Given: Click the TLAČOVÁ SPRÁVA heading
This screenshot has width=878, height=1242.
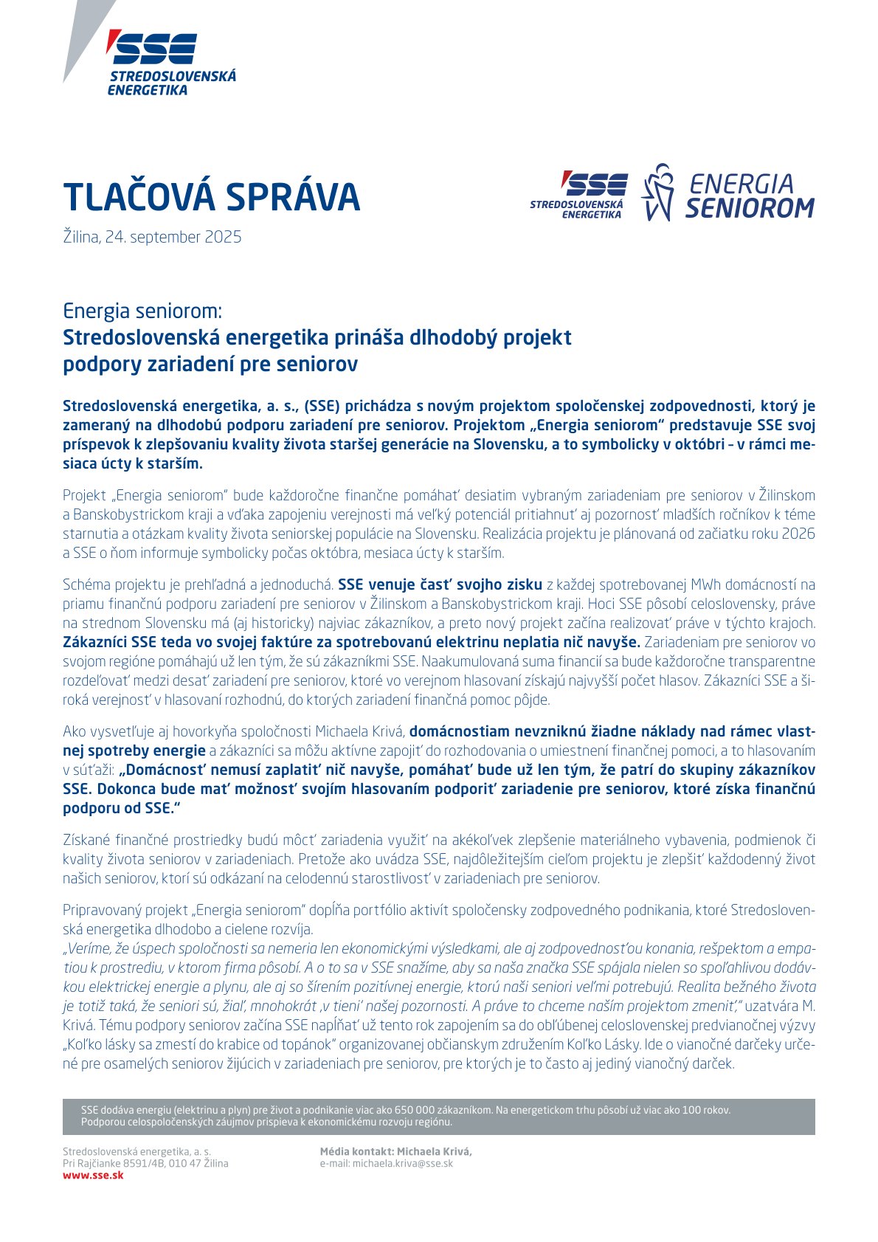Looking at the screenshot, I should (211, 197).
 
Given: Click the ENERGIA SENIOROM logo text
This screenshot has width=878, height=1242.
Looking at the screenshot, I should (748, 196).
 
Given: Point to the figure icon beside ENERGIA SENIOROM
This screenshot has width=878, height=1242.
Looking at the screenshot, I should (658, 193).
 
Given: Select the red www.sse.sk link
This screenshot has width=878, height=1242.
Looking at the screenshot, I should (93, 1175).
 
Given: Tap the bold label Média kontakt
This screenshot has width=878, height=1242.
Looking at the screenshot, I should (357, 1151).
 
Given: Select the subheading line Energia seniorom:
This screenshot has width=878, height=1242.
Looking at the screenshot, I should (142, 311).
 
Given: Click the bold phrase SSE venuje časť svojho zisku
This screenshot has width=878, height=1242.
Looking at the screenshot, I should (440, 585).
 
